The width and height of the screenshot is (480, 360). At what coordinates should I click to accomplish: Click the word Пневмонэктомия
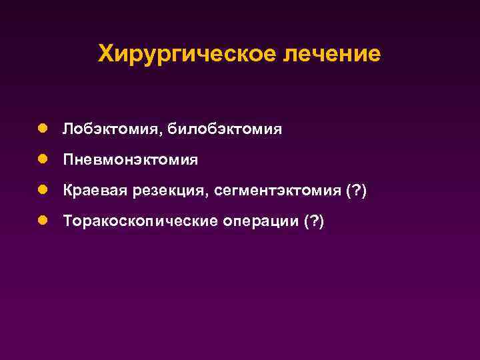131,160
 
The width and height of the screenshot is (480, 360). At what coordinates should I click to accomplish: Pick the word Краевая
90,191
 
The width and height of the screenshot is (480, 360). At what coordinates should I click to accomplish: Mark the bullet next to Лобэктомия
42,127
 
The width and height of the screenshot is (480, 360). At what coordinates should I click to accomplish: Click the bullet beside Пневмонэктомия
42,159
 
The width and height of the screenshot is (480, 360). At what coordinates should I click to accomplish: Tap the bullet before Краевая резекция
42,190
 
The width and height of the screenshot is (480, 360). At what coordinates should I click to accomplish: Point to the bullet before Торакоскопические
42,221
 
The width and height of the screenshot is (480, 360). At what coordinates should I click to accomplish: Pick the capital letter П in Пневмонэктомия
69,160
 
